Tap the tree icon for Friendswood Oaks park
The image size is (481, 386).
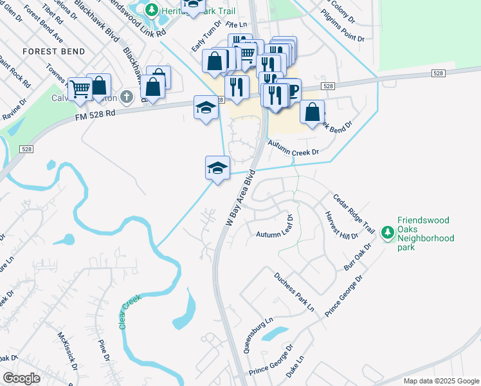click(387, 232)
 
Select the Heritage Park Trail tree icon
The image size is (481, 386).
click(151, 10)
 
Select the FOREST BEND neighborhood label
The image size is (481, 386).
click(50, 51)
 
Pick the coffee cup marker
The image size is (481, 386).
click(293, 91)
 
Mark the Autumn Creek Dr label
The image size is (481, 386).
click(293, 149)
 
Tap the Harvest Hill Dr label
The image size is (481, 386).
click(341, 225)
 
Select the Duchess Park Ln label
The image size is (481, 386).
click(294, 291)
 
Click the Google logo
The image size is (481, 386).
click(21, 378)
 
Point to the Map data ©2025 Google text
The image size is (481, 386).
click(440, 381)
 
